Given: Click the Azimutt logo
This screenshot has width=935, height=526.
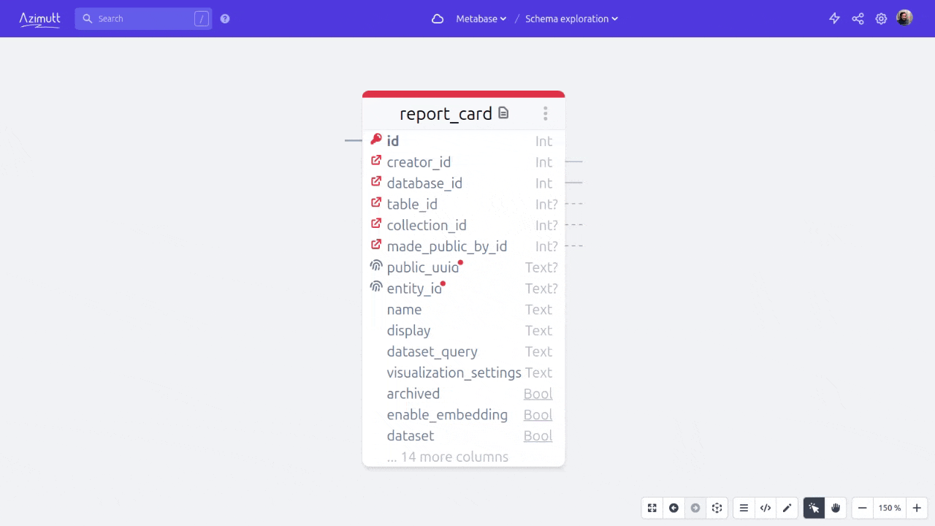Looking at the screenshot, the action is click(39, 20).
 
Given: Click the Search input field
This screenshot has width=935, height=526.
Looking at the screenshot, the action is click(143, 19).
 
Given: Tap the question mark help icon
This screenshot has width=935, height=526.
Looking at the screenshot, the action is click(225, 19).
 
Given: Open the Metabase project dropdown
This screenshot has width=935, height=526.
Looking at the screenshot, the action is click(481, 19).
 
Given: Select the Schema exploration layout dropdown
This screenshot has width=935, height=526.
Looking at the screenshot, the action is click(571, 19).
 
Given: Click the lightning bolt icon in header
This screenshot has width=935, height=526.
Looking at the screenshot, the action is click(834, 19).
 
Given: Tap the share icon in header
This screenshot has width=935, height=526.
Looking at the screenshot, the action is click(858, 19).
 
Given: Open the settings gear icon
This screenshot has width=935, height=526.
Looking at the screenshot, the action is click(881, 19).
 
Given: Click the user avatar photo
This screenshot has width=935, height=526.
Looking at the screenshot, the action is click(904, 18).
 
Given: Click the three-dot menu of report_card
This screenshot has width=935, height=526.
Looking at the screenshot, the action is click(546, 113).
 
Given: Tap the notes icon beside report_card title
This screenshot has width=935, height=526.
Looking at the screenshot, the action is click(503, 113).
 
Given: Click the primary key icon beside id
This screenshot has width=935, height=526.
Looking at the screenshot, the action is click(376, 139).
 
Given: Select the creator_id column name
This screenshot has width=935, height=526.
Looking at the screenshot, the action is click(419, 162).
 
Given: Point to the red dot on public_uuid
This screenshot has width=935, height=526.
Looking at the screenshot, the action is click(460, 262).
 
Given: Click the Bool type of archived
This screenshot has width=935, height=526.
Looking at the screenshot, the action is click(538, 394).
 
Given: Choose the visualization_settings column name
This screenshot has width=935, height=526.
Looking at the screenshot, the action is click(454, 373).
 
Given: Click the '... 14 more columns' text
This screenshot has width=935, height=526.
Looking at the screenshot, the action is click(448, 457).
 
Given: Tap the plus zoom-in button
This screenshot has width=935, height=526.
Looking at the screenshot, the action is click(917, 508).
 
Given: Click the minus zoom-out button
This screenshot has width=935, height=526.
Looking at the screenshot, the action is click(863, 508).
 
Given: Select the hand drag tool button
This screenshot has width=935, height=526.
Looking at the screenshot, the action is click(836, 508).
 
